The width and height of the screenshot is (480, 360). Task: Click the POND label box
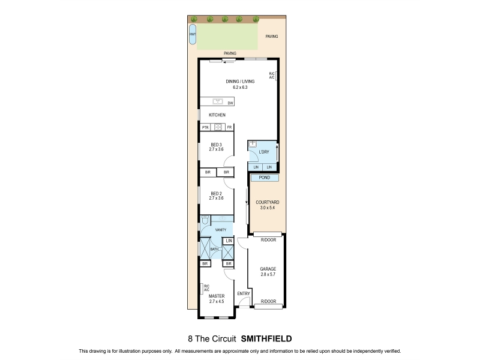pyautogui.click(x=265, y=178)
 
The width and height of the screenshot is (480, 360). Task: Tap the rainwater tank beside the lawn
pyautogui.click(x=193, y=34)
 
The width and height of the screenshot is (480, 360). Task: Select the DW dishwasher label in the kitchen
pyautogui.click(x=230, y=103)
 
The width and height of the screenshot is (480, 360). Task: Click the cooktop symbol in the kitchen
pyautogui.click(x=218, y=127)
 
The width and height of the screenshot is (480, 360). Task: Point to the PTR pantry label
pyautogui.click(x=205, y=127)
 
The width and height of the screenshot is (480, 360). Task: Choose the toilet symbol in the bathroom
pyautogui.click(x=205, y=220)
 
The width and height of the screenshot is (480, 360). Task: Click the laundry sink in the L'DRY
pyautogui.click(x=253, y=144)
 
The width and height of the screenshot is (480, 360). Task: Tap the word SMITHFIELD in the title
pyautogui.click(x=266, y=339)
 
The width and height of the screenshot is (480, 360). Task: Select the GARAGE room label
pyautogui.click(x=268, y=269)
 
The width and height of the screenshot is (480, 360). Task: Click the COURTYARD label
pyautogui.click(x=267, y=202)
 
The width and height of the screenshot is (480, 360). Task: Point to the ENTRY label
pyautogui.click(x=244, y=293)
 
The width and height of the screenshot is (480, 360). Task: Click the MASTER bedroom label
pyautogui.click(x=217, y=296)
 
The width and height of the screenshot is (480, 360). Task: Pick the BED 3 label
pyautogui.click(x=216, y=145)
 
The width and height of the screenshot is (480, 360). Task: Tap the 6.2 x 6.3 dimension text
pyautogui.click(x=240, y=87)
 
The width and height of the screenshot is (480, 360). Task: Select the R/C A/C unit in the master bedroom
pyautogui.click(x=202, y=289)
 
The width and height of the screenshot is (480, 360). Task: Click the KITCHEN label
pyautogui.click(x=217, y=115)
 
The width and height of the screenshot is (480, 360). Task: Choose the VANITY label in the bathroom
pyautogui.click(x=221, y=230)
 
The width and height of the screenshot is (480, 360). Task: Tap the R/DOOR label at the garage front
pyautogui.click(x=268, y=302)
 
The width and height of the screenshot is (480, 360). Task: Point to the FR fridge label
pyautogui.click(x=229, y=127)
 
